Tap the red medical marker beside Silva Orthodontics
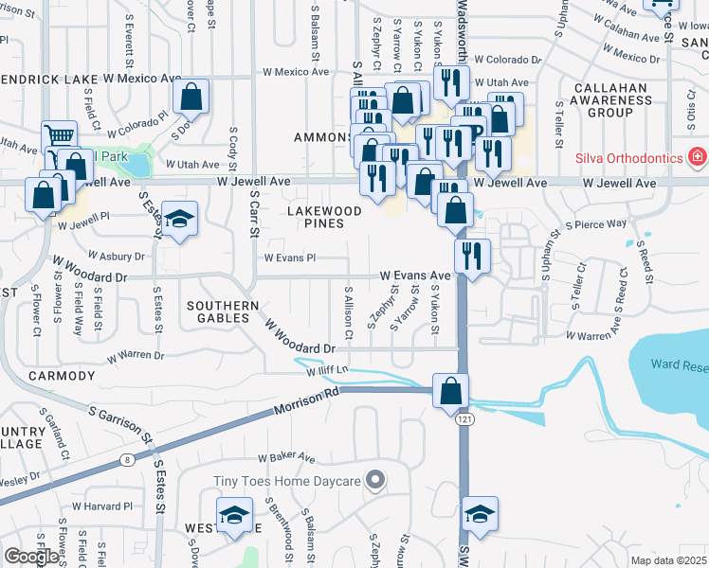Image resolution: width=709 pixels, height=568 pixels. [698, 154]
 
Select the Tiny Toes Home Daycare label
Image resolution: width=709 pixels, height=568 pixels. [286, 481]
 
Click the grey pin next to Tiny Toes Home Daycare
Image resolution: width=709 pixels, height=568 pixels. [375, 481]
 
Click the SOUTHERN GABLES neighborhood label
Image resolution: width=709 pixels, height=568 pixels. [223, 312]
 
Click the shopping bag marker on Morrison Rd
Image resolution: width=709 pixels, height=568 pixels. [450, 388]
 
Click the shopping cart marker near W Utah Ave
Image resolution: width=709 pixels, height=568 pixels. [59, 136]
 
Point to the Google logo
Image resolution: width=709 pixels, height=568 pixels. [30, 557]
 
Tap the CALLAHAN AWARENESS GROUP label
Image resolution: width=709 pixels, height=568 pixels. [609, 99]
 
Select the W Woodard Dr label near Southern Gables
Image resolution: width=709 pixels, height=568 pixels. [302, 336]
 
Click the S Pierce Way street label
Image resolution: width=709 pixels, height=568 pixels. [596, 224]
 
